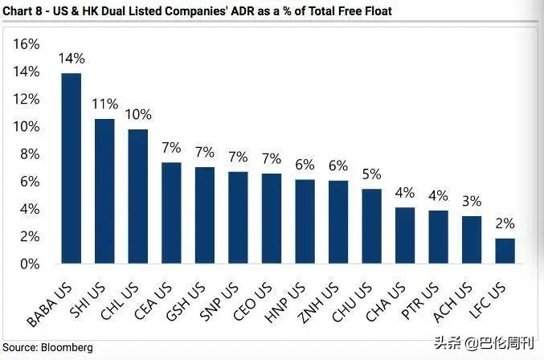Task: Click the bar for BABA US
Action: point(72,169)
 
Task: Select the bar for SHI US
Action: point(104,191)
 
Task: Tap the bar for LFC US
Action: point(505,251)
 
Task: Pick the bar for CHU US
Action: point(371,226)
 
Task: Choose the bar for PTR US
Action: point(438,237)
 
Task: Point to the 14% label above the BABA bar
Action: point(72,58)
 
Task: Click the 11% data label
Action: point(104,104)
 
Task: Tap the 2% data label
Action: point(505,223)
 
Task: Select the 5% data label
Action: point(371,174)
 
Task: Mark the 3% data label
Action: point(472,201)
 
